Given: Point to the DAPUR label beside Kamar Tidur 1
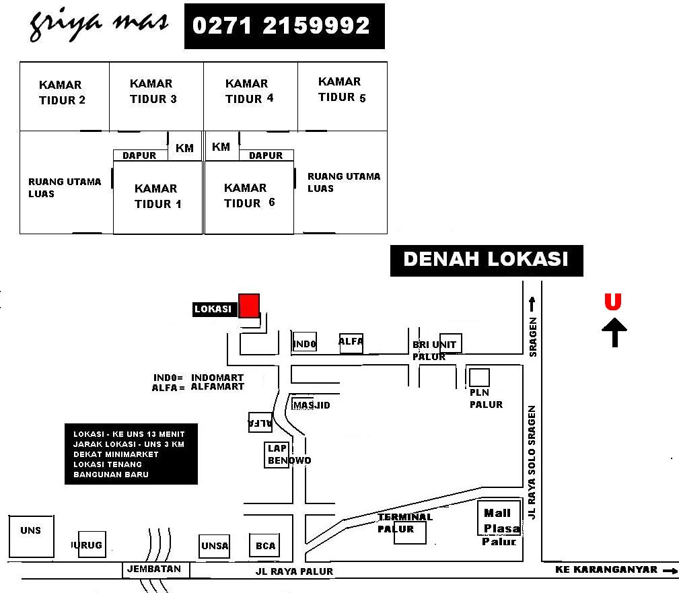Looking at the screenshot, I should click(139, 155).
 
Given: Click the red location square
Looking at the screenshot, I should click(250, 306).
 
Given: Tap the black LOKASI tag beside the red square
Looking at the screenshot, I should click(213, 310).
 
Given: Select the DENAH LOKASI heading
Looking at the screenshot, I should click(486, 260).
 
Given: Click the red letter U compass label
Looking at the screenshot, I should click(612, 302).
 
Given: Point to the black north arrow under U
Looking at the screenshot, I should click(615, 333).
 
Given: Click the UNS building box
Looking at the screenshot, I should click(31, 536).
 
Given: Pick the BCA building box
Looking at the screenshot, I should click(265, 545).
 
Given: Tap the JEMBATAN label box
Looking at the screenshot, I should click(156, 569).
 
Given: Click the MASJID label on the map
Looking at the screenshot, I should click(312, 405).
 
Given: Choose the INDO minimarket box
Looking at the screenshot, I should click(304, 343).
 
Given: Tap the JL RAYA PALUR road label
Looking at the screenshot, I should click(294, 571).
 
